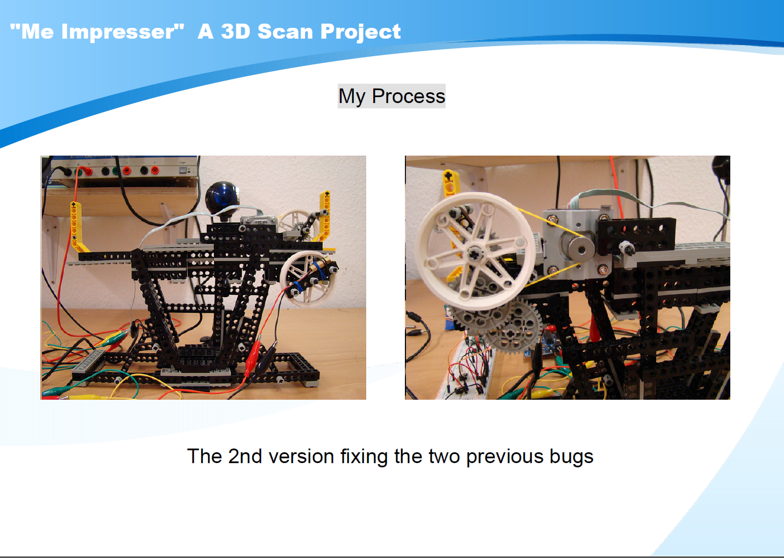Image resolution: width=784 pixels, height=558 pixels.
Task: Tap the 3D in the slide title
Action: point(236,32)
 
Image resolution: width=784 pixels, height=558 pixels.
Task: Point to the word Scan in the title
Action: point(285,32)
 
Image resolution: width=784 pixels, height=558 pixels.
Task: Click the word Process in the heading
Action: point(409,96)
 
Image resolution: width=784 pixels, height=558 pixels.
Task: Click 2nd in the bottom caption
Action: point(245,456)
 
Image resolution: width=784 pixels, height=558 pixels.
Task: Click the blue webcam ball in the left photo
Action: point(222,197)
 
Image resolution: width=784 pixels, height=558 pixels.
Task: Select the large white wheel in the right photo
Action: point(475,251)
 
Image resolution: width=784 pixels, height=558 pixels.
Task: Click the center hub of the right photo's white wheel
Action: point(475,253)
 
